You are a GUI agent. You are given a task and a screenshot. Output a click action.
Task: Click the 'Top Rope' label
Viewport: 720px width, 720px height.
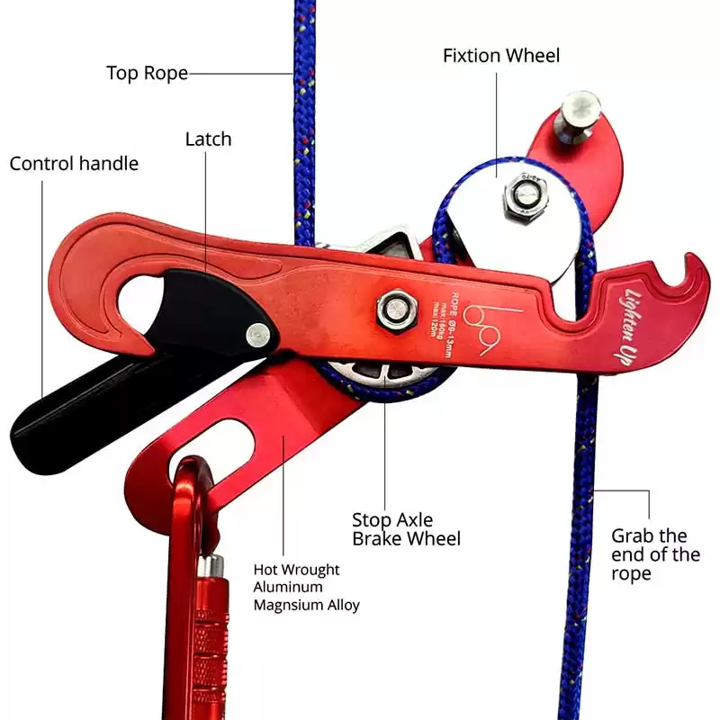(x=147, y=73)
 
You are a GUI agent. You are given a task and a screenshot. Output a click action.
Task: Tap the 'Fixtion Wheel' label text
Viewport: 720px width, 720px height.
(x=501, y=56)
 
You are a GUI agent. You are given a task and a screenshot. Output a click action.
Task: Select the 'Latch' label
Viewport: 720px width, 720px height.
(x=208, y=139)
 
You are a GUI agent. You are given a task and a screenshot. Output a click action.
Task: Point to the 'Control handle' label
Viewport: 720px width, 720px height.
(x=74, y=164)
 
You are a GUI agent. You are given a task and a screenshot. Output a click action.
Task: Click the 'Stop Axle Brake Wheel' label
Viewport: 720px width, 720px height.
(x=406, y=529)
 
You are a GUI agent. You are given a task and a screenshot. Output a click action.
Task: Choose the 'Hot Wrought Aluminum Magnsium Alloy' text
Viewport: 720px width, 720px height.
(x=306, y=587)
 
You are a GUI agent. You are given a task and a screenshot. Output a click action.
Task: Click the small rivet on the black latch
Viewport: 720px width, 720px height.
(x=257, y=334)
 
